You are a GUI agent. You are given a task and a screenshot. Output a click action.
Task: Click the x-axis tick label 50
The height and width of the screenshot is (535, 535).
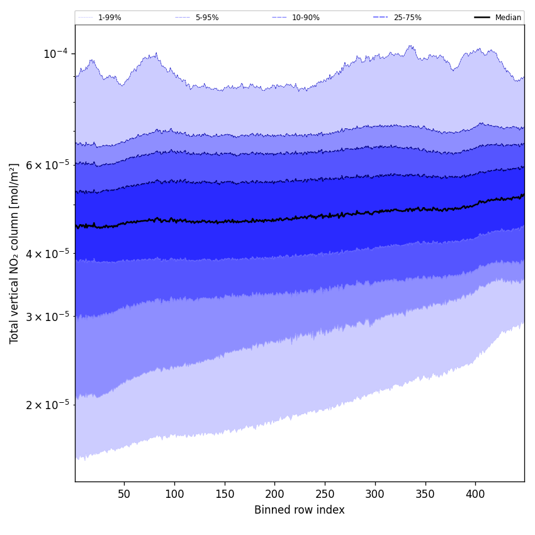(x=124, y=495)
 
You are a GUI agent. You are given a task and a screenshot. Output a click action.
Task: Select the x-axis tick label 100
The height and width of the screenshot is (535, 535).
(x=174, y=495)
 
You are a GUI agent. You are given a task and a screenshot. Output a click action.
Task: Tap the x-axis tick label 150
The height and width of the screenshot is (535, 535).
(x=225, y=495)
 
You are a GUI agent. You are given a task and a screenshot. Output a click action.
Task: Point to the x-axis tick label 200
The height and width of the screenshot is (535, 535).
(x=274, y=495)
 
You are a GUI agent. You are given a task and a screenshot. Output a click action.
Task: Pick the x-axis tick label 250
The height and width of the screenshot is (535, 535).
(x=325, y=495)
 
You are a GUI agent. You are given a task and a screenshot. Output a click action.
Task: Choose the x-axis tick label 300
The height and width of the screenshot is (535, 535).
(x=375, y=495)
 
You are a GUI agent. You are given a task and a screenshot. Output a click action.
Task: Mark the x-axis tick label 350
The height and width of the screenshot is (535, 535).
(x=425, y=495)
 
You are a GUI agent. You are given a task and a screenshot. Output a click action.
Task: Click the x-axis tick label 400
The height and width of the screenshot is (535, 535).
(x=475, y=495)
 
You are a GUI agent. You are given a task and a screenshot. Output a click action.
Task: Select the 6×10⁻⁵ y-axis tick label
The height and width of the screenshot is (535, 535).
(x=47, y=165)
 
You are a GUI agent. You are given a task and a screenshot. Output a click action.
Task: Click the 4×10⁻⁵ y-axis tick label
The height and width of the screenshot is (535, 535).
(x=47, y=253)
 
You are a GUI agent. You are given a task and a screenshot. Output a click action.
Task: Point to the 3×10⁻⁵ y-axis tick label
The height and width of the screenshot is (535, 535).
(x=47, y=316)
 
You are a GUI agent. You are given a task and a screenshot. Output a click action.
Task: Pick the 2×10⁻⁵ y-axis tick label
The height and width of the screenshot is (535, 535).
(x=47, y=404)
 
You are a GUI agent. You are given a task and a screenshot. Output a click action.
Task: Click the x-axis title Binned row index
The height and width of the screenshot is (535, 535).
(x=300, y=510)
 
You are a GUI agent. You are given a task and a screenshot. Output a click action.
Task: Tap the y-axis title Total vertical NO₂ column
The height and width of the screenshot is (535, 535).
(x=14, y=253)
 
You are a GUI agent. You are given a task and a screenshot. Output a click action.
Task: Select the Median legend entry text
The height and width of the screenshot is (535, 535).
(x=508, y=18)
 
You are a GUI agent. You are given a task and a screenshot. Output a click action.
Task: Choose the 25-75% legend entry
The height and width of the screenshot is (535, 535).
(x=407, y=18)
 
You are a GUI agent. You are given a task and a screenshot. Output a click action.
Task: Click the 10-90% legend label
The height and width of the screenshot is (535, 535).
(x=305, y=18)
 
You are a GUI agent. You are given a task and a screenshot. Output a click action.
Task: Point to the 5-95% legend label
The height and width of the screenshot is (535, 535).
(x=206, y=18)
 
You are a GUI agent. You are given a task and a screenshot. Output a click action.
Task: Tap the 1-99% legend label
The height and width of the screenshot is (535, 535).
(x=110, y=18)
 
